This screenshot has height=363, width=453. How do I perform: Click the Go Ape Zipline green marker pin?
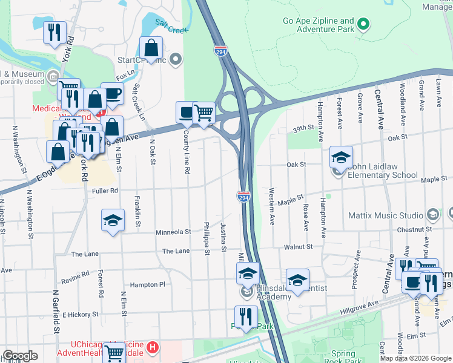tap(363, 25)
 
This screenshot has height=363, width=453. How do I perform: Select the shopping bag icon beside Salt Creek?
tap(151, 48)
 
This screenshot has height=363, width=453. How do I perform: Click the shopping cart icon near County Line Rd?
tap(204, 112)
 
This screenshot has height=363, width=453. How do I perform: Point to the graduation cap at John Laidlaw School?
tap(341, 157)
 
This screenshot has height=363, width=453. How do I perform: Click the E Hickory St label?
tap(79, 315)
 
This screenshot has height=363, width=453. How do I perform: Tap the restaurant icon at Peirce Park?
tap(246, 316)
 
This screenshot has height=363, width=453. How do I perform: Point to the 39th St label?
tap(301, 128)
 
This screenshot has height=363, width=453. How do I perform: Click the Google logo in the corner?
tap(20, 356)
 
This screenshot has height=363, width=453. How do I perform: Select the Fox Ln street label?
tap(125, 77)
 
